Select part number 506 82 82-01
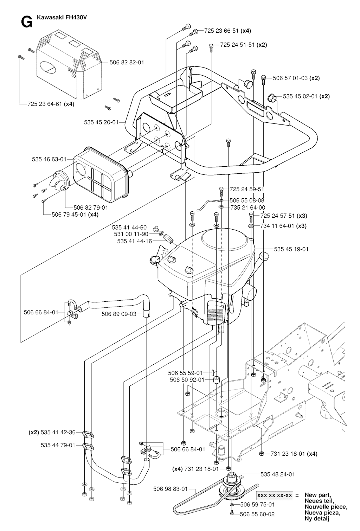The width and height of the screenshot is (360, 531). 127,63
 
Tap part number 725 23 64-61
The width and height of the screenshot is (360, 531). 45,104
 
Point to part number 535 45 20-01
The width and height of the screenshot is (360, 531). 101,122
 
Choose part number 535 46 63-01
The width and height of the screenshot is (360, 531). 49,159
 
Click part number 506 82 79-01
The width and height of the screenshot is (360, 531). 91,207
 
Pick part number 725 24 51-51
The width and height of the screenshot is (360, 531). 237,45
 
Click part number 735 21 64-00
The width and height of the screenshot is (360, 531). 248,207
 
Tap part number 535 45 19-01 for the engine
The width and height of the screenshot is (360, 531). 291,249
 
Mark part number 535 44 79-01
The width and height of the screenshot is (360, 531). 58,445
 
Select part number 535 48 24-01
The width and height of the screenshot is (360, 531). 278,474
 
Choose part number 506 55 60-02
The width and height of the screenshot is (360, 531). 257,514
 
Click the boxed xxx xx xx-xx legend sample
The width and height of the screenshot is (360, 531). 275,495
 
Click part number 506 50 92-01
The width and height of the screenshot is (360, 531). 187,380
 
